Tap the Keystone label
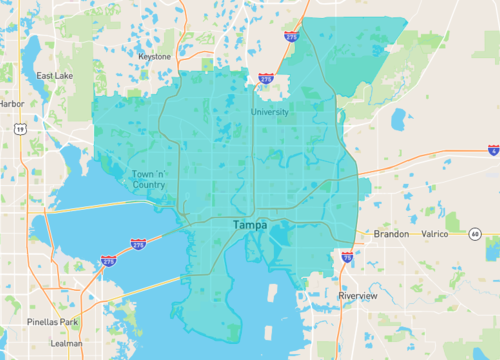coord(155,57)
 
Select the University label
coord(270,112)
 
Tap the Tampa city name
coord(250,226)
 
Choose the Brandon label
coord(391,233)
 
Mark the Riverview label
coord(357,296)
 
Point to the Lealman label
coord(67,343)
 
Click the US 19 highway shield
coord(20,128)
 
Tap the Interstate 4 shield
coord(493,150)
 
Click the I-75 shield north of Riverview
coord(346,257)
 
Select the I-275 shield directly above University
coord(265,78)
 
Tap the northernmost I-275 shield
coord(291,37)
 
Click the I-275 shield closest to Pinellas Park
coord(108,261)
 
